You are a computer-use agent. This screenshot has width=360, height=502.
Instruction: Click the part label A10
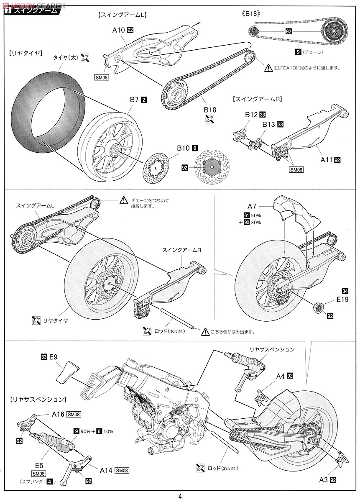point(119,30)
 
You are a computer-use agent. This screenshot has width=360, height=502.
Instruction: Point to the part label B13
point(268,124)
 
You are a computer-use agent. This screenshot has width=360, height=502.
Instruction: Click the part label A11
point(326,160)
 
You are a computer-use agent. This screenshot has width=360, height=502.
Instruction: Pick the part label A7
point(252,207)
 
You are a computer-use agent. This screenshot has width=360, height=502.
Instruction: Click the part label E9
point(53,357)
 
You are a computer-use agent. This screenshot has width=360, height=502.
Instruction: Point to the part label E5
point(39,464)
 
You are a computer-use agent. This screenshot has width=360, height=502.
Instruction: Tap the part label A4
point(280,376)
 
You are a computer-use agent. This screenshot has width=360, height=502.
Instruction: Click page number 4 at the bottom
point(180,496)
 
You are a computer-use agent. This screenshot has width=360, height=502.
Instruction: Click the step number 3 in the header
point(8,11)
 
